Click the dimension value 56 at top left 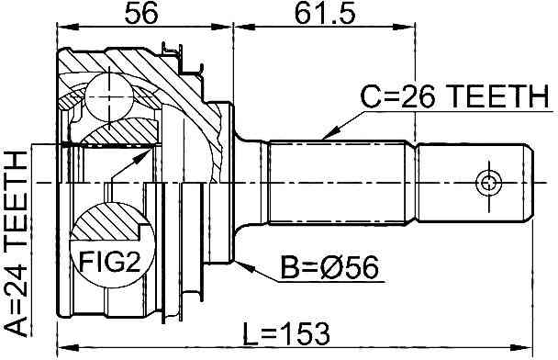pos(141,14)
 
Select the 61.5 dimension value pos(325,14)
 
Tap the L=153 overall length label pos(286,334)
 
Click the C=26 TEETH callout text pos(454,96)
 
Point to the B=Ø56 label pos(329,268)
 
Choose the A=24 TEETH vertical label pos(17,244)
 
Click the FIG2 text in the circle pos(110,262)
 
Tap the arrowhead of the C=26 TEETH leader pos(329,134)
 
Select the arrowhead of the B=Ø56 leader pos(245,266)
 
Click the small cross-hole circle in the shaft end pos(488,184)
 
